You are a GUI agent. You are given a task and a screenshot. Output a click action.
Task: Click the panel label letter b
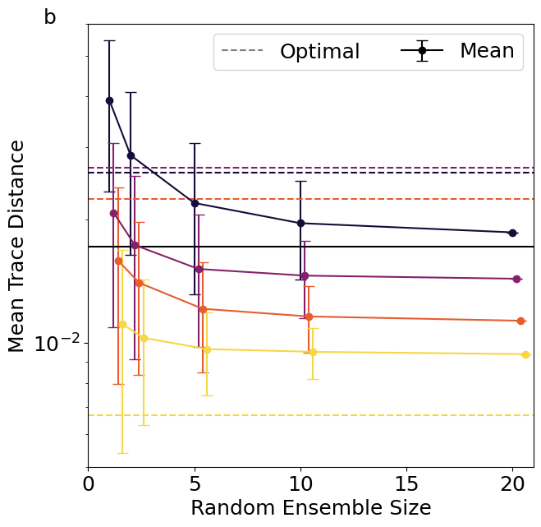(50, 17)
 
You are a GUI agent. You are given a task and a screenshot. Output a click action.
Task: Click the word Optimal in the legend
(319, 52)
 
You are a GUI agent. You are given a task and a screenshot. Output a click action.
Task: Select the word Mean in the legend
(487, 51)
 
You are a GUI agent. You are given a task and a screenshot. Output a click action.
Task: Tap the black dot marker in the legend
(422, 51)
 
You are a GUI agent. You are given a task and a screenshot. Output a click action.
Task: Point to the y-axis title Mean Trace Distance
(17, 246)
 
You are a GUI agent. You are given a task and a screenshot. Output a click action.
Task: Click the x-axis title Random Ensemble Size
(310, 508)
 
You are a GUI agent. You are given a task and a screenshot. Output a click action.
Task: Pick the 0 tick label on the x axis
(89, 483)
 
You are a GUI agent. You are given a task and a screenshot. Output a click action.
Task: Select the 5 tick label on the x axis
(195, 483)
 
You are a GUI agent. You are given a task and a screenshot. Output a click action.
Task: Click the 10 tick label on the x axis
(300, 483)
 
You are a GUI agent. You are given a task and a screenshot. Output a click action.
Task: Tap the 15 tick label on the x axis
(406, 483)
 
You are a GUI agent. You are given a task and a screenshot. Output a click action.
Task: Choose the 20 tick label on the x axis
(512, 483)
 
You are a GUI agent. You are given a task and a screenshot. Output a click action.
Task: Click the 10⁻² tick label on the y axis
(55, 344)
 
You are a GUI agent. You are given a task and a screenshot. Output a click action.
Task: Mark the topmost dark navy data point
(109, 100)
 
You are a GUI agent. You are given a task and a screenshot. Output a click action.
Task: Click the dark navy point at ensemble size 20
(512, 233)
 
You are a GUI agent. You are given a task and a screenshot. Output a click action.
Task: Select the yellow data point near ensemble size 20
(525, 354)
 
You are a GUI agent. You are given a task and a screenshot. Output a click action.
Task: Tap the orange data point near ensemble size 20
(521, 321)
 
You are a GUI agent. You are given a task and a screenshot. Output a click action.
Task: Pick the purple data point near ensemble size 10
(305, 275)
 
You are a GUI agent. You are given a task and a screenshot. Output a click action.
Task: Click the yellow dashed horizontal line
(328, 415)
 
